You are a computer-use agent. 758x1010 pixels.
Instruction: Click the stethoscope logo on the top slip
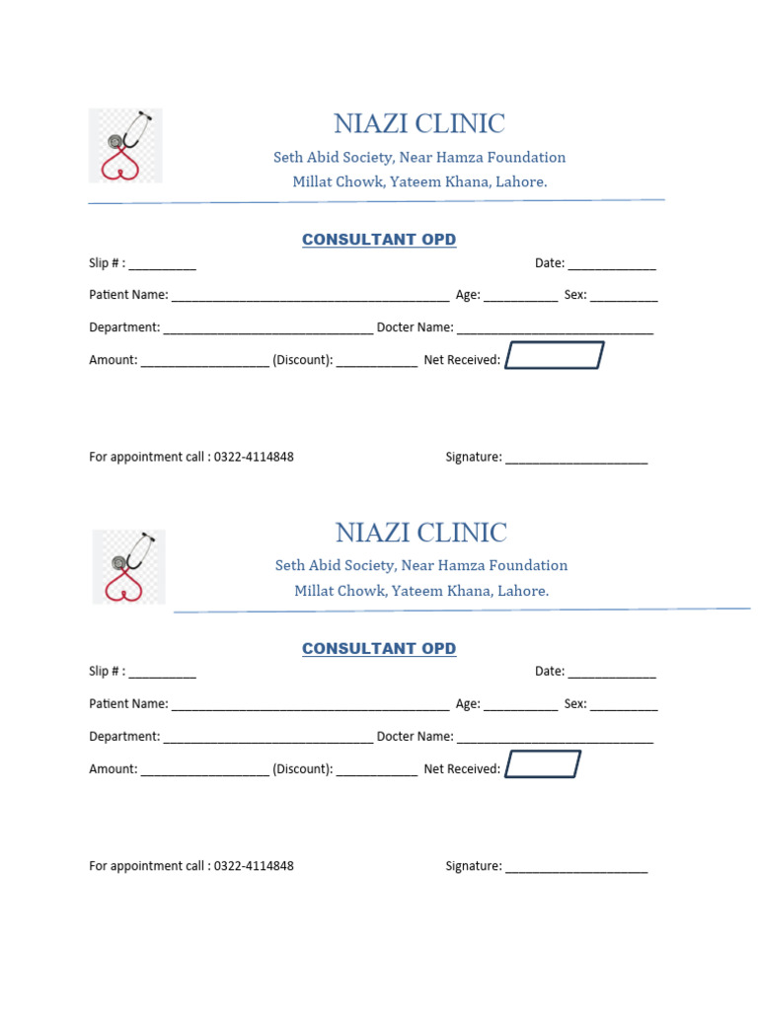pyautogui.click(x=125, y=146)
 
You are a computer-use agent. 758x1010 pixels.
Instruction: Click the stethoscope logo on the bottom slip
pyautogui.click(x=128, y=566)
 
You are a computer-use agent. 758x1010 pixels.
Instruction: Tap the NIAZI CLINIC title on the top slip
pyautogui.click(x=418, y=124)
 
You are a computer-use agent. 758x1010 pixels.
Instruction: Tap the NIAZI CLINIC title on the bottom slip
pyautogui.click(x=420, y=533)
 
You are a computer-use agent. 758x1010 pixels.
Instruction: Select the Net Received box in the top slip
pyautogui.click(x=554, y=356)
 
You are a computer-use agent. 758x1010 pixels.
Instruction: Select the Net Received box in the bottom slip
pyautogui.click(x=543, y=764)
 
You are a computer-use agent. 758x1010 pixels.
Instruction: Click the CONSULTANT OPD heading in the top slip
pyautogui.click(x=379, y=240)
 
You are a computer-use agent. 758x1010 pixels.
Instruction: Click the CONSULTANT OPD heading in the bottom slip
pyautogui.click(x=379, y=648)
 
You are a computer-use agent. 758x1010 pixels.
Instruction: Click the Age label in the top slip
pyautogui.click(x=467, y=295)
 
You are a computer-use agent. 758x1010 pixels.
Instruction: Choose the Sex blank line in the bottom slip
pyautogui.click(x=624, y=707)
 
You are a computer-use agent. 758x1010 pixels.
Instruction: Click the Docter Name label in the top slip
pyautogui.click(x=415, y=327)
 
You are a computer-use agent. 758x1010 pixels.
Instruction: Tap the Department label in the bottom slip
pyautogui.click(x=124, y=737)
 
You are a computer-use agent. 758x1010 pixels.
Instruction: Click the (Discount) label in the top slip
pyautogui.click(x=303, y=360)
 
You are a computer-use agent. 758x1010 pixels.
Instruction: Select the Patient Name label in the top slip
pyautogui.click(x=128, y=295)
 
